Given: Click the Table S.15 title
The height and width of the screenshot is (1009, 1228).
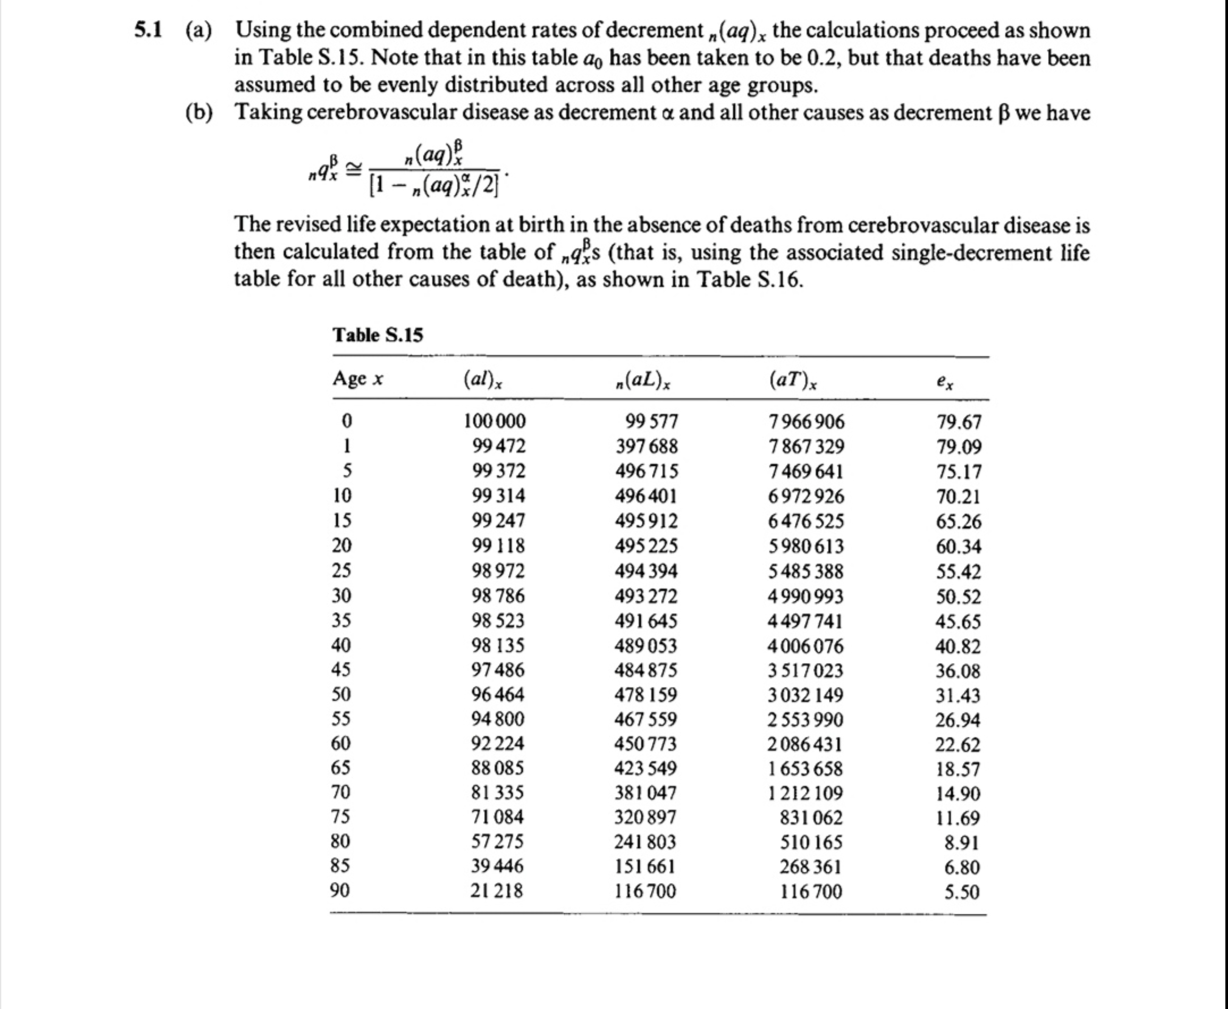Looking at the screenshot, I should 378,335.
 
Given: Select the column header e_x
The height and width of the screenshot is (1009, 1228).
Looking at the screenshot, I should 945,381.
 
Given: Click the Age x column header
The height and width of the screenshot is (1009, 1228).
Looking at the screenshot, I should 358,379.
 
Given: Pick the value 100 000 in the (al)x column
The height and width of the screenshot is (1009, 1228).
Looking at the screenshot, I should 494,421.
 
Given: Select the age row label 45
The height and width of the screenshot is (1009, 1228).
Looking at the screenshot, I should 341,670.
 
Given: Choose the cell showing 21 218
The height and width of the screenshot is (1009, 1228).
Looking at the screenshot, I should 497,891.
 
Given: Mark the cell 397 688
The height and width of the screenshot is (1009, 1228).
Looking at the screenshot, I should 647,447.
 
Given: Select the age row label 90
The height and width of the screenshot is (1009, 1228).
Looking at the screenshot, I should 341,890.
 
